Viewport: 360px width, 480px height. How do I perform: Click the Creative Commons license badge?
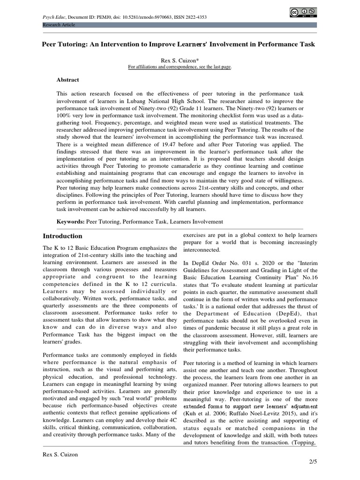(303, 13)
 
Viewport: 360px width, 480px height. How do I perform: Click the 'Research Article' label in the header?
(59, 25)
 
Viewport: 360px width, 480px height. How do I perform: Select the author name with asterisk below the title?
(180, 60)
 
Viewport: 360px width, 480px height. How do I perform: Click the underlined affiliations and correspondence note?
(180, 67)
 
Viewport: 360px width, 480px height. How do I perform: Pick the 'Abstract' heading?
(68, 80)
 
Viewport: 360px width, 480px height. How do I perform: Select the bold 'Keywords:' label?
(70, 221)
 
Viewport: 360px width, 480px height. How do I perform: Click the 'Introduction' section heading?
(62, 236)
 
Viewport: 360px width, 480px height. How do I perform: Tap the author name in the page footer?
(60, 454)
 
